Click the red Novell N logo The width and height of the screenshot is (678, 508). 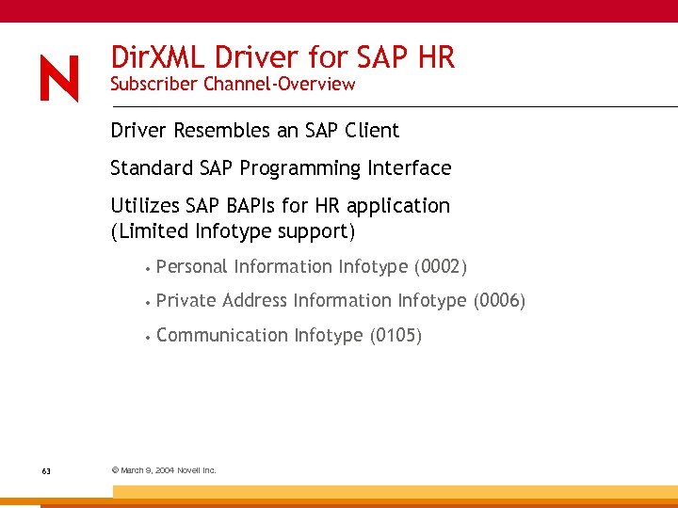59,78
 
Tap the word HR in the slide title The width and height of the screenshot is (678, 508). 434,57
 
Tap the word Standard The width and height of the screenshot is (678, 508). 153,168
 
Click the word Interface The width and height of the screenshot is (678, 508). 409,168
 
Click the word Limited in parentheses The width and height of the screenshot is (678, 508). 153,230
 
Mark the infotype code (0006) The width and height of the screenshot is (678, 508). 499,301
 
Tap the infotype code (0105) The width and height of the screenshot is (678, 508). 396,335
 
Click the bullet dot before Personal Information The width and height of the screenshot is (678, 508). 148,268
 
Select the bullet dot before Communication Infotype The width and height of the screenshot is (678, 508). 148,336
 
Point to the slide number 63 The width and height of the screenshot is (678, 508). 46,470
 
